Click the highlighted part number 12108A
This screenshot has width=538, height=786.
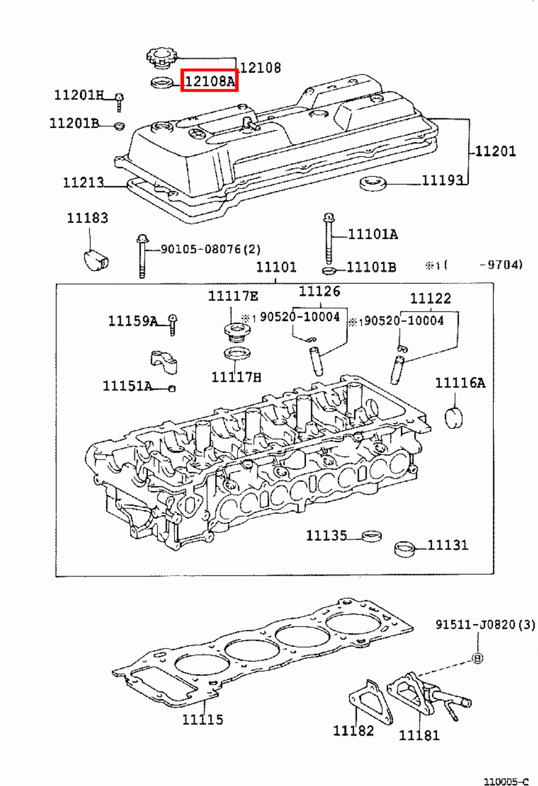(209, 81)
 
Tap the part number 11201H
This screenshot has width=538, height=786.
(79, 95)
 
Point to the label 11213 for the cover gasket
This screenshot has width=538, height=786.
(83, 182)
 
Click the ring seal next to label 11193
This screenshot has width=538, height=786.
(373, 184)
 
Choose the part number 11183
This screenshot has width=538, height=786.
(88, 218)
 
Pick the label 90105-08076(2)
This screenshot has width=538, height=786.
(210, 250)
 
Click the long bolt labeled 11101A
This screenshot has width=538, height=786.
(329, 239)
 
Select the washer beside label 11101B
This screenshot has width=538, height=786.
(329, 271)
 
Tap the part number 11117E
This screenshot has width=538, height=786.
(233, 296)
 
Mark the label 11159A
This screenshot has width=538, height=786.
(133, 321)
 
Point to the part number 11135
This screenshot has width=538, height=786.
(327, 535)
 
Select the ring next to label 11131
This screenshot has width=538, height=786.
(405, 549)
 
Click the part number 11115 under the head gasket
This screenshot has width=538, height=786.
(203, 720)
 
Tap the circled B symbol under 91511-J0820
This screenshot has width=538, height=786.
(477, 658)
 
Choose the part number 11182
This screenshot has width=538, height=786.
(353, 731)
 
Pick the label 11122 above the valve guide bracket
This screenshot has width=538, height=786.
(430, 298)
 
